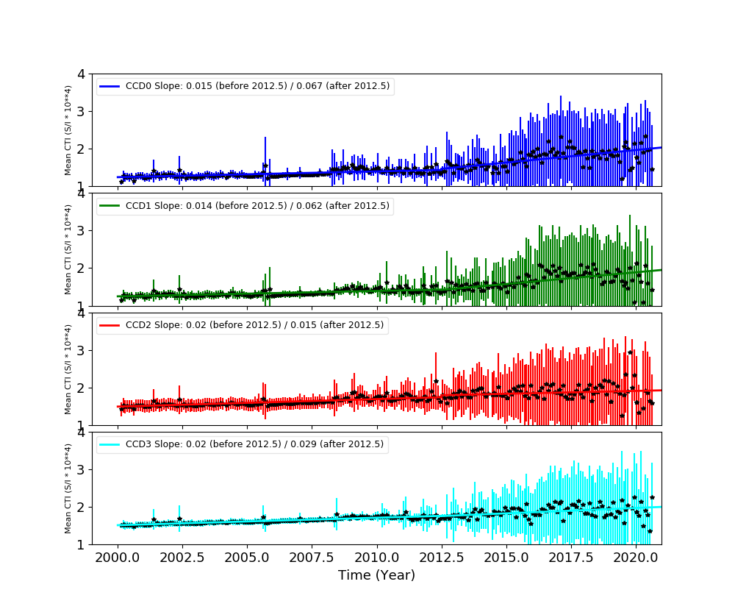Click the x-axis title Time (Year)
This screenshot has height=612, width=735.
(x=376, y=575)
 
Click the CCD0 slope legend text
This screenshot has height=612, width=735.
(x=257, y=87)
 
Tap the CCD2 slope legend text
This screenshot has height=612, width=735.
(x=254, y=325)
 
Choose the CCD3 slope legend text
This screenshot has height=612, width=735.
(x=254, y=444)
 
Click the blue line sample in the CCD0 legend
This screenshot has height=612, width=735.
(x=110, y=87)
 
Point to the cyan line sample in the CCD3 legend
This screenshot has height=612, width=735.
(x=110, y=444)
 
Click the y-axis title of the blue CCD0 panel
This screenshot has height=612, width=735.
(x=68, y=129)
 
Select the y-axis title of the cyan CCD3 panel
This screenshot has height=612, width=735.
(x=68, y=488)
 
